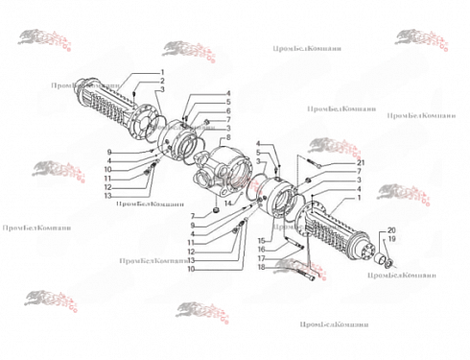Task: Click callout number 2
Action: tap(163, 82)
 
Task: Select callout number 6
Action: tap(228, 110)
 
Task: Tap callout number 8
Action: tap(228, 143)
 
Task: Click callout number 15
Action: tap(260, 239)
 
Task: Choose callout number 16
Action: tap(260, 249)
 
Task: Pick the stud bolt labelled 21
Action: tap(317, 163)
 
